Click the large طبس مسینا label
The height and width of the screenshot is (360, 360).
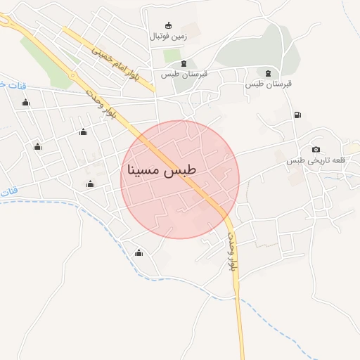click(x=162, y=171)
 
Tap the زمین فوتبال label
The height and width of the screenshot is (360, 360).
click(x=167, y=34)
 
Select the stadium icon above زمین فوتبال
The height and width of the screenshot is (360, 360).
click(x=167, y=25)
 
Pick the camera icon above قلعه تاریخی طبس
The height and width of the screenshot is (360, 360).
click(x=316, y=150)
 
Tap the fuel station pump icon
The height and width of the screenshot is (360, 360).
click(x=297, y=115)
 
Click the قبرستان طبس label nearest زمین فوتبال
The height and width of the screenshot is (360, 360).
click(x=184, y=75)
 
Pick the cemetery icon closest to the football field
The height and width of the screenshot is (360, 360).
click(x=184, y=65)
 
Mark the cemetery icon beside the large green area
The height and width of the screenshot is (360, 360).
click(x=268, y=73)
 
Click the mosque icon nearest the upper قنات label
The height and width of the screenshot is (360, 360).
click(x=26, y=103)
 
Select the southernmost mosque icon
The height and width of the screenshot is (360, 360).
click(x=139, y=253)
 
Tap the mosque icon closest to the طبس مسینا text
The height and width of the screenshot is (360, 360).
click(x=90, y=184)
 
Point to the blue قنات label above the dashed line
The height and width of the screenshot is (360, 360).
click(x=8, y=192)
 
